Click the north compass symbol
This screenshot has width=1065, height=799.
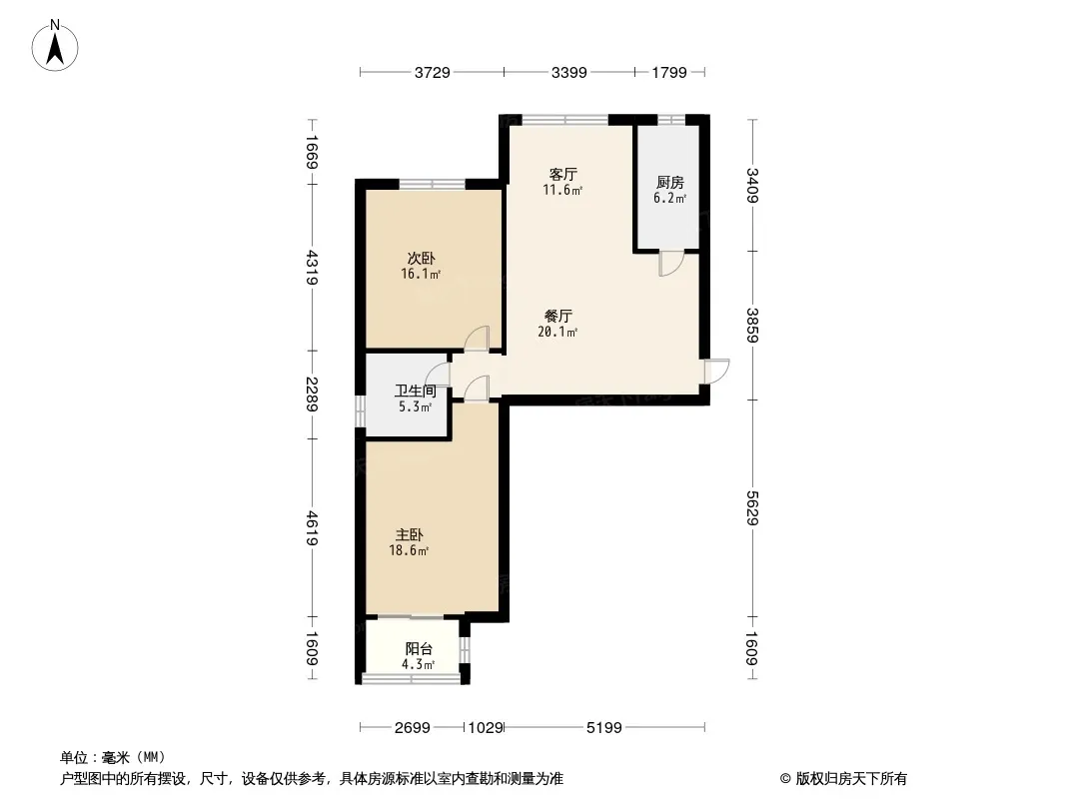[56, 45]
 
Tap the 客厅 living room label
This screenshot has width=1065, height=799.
[562, 174]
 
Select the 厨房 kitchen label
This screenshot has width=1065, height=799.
[669, 183]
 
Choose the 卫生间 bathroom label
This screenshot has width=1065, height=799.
[415, 392]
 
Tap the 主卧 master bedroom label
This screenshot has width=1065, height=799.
[409, 535]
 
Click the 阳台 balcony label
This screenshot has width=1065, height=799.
[419, 648]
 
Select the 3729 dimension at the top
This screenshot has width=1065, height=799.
[433, 72]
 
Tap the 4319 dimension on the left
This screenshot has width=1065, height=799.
[312, 267]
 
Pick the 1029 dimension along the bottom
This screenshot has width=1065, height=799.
[485, 728]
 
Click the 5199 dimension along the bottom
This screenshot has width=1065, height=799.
[604, 728]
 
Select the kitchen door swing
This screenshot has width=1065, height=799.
[668, 263]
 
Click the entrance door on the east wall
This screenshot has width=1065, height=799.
[716, 370]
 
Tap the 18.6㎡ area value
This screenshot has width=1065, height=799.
[409, 550]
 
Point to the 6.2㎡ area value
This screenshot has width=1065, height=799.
[669, 198]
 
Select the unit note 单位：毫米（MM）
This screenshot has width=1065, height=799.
[112, 757]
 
